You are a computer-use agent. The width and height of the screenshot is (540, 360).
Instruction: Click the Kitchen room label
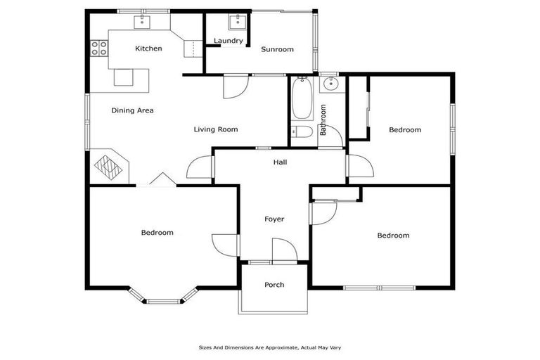point(148,49)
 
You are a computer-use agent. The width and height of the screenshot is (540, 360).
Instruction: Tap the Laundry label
point(229,41)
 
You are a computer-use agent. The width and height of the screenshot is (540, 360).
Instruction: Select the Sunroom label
point(277,49)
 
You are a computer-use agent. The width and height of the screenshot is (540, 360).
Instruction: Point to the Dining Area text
point(132,110)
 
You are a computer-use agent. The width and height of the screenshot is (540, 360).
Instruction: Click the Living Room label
point(216,129)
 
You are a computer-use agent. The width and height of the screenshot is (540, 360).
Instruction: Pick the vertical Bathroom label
point(323,120)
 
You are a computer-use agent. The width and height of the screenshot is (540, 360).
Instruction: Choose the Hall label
point(280,162)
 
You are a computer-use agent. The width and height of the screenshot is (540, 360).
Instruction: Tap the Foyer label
point(274,219)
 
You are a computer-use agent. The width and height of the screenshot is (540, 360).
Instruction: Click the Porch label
point(274,285)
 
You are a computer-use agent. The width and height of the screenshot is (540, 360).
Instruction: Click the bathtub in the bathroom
point(302,99)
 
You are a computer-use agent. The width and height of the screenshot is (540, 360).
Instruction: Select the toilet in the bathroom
point(303,133)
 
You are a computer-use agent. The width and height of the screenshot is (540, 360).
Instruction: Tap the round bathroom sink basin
point(330,85)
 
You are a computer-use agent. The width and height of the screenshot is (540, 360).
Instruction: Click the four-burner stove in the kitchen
point(99,49)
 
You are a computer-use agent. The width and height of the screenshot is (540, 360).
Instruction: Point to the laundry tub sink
point(239,20)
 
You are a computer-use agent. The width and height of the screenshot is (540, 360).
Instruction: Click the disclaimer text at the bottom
point(270,347)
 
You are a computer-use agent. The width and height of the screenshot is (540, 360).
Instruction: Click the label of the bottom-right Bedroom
point(393,236)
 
